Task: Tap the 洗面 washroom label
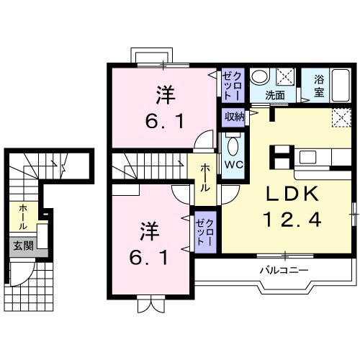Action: tap(274, 95)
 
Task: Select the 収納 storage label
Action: tap(233, 117)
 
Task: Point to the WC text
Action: tap(233, 163)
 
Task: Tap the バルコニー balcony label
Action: tap(284, 271)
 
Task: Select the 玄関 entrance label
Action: tap(22, 246)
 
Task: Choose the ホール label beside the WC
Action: tap(204, 176)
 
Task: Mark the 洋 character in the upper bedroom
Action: tap(165, 94)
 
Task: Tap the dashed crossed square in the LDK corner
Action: tap(341, 118)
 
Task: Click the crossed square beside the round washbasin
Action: tap(284, 76)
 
